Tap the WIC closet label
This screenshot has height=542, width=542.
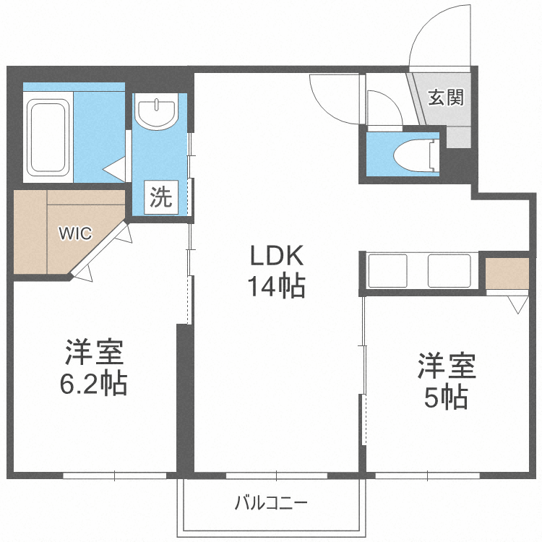75,233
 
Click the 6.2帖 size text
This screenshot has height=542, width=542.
93,383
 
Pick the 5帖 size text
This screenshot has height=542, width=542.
445,397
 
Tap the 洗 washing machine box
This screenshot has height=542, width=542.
160,197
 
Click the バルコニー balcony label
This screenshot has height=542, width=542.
271,502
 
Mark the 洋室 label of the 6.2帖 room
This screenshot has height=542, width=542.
95,352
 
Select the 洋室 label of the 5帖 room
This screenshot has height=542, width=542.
446,366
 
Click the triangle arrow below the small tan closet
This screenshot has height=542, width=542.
517,304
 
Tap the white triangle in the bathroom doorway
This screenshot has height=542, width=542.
115,171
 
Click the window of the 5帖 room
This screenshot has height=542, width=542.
427,476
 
